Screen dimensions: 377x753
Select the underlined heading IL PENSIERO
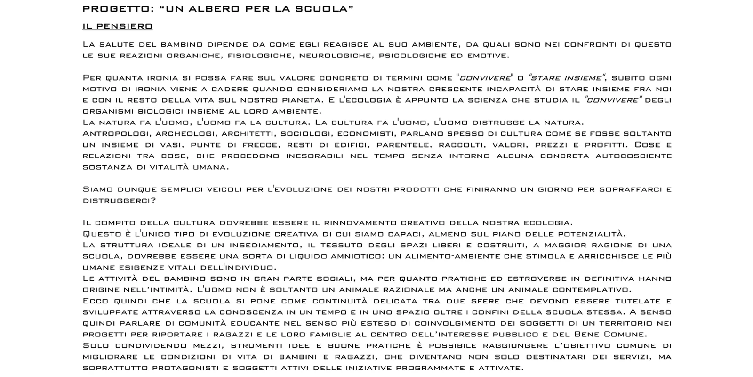pos(118,26)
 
